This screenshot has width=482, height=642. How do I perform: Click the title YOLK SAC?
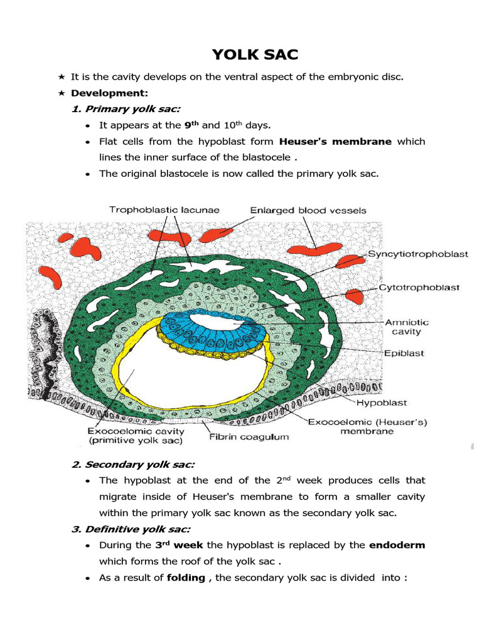(255, 55)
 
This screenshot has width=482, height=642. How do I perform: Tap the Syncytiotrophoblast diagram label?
(418, 255)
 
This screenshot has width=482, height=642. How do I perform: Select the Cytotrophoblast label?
(419, 288)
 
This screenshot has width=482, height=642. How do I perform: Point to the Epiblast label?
(404, 353)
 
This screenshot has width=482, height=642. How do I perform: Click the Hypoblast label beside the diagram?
(382, 403)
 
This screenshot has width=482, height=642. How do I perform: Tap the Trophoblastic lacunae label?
(164, 210)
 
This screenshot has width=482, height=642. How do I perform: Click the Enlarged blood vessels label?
(308, 211)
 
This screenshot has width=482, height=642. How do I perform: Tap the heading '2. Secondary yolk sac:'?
(133, 465)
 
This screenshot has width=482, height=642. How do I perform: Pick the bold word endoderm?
(397, 545)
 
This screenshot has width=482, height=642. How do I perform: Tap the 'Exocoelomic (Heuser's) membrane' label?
(367, 426)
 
